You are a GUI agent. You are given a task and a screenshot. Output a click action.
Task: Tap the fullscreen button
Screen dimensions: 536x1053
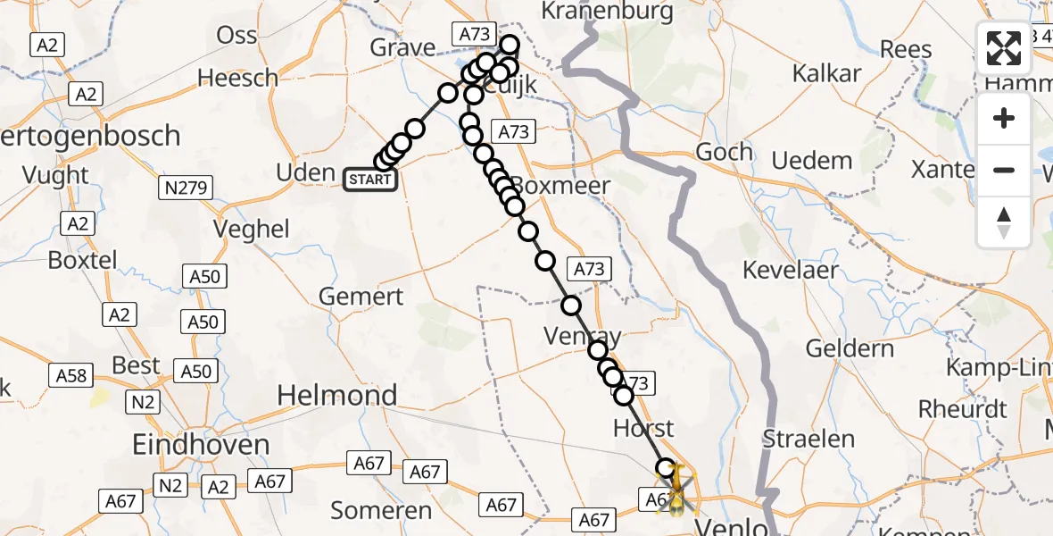[1004, 48]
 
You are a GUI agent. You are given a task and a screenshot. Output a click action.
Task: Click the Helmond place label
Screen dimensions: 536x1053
[337, 395]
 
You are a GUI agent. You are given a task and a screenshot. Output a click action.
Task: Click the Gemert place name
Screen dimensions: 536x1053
[361, 297]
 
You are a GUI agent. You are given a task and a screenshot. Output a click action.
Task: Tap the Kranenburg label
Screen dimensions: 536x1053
[607, 12]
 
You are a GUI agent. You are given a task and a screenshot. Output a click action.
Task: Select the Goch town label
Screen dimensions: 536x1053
[724, 153]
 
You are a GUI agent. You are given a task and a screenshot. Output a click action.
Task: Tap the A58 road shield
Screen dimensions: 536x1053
[71, 375]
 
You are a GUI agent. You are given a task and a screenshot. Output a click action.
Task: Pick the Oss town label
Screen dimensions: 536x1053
[237, 36]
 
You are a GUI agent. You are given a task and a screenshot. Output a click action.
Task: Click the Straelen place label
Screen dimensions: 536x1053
[808, 439]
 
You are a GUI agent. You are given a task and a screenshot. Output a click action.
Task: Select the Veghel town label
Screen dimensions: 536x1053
[252, 230]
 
